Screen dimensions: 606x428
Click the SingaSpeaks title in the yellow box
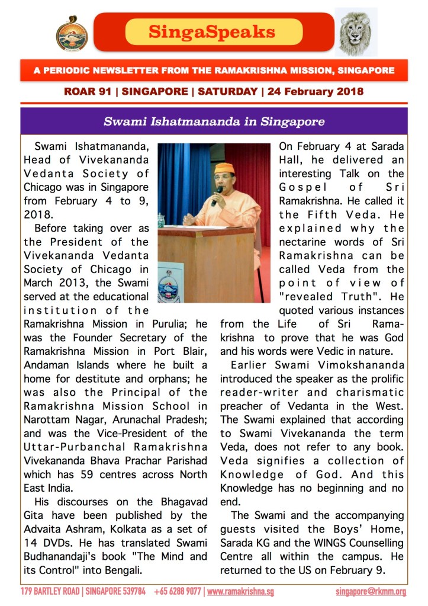click(x=211, y=31)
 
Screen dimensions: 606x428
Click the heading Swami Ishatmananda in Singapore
click(x=214, y=122)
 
